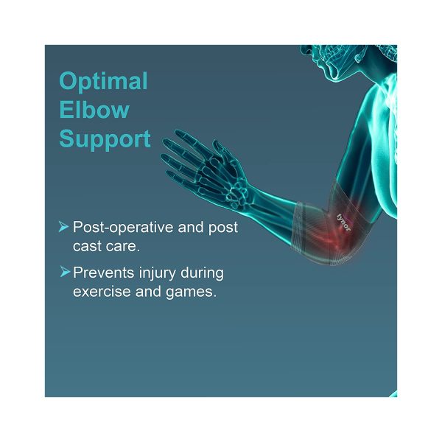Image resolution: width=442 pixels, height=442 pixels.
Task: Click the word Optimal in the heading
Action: pos(103,81)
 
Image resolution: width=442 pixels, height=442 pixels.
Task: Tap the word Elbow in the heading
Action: pos(94,110)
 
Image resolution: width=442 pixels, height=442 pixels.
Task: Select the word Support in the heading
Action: pos(105,139)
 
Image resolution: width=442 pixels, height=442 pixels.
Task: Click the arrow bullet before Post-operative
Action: pos(64,227)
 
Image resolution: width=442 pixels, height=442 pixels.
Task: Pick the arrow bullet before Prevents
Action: pos(64,273)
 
